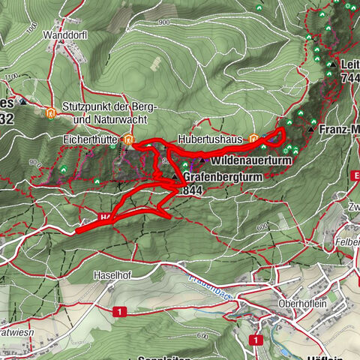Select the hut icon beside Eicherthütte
129,139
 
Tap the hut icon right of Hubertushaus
254,138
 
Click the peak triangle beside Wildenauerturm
202,160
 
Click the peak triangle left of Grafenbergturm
175,177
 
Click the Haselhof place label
113,275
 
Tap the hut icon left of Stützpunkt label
51,114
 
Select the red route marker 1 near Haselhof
118,310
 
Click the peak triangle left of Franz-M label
312,129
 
